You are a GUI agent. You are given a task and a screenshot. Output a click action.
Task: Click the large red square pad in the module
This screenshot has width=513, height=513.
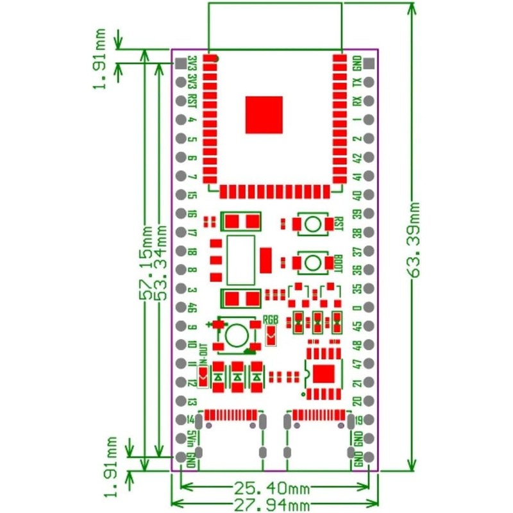264,115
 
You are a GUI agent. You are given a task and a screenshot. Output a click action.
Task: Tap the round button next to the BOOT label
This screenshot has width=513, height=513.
312,263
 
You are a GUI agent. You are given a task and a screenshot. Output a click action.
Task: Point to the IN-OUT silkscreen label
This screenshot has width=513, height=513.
203,354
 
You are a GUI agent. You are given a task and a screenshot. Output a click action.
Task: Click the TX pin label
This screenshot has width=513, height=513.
358,82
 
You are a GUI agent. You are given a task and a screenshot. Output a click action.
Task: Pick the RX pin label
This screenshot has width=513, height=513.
358,101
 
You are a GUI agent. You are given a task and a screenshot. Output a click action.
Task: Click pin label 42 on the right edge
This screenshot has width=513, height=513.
358,157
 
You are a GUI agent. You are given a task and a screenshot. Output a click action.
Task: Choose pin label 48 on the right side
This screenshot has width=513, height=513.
358,346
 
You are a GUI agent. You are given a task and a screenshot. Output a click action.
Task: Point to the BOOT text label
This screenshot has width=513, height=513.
338,263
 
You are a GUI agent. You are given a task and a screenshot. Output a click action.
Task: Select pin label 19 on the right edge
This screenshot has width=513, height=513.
358,421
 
